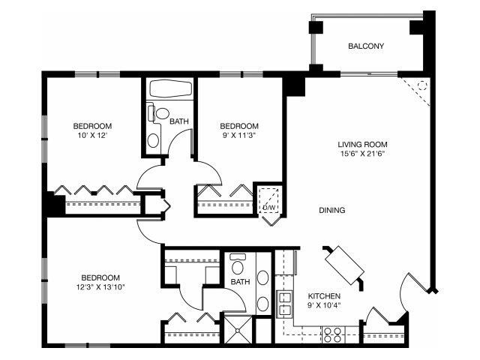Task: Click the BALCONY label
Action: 366,46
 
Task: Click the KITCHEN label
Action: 324,295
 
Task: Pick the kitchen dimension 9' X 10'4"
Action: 324,305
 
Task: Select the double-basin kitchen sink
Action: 286,302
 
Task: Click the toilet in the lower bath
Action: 239,265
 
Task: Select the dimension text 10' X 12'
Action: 92,136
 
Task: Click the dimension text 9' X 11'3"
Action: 239,136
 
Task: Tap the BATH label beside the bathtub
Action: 178,121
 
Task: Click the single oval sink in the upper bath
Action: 154,139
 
